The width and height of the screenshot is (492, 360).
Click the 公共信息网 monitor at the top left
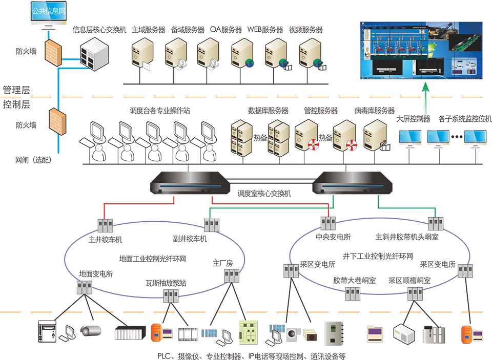tap(48, 13)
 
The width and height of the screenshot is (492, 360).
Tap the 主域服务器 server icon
tap(142, 54)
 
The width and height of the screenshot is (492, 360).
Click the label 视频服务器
tap(305, 30)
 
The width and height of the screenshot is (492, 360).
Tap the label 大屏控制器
tap(413, 119)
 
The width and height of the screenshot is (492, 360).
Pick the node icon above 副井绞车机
tap(211, 224)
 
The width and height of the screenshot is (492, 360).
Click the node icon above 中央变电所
tap(329, 223)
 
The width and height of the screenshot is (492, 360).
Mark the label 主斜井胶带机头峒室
tap(407, 237)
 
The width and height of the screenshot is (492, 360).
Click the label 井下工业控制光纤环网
tap(378, 255)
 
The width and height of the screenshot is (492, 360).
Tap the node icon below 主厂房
tap(232, 276)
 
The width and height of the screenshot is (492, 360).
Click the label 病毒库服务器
tap(374, 111)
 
